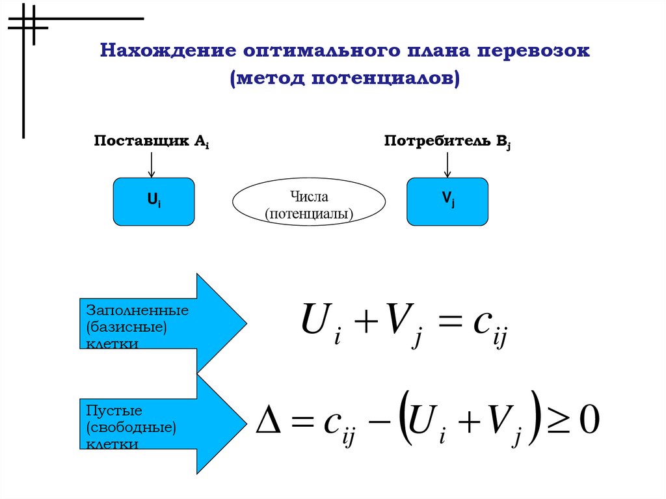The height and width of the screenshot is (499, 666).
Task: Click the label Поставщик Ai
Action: (152, 142)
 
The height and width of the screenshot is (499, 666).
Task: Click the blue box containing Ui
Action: (154, 202)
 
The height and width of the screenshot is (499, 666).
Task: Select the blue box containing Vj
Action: (448, 202)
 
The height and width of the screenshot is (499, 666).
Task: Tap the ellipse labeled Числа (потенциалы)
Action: (309, 203)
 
